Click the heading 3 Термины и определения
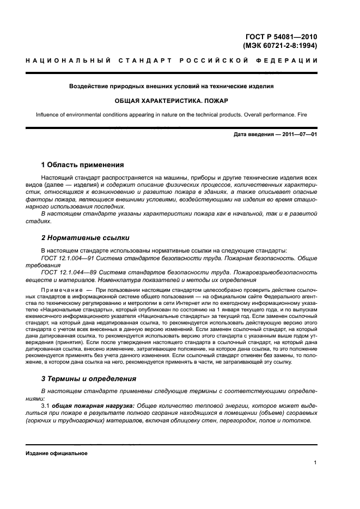89,378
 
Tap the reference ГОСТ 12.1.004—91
68,259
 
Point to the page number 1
315,463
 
